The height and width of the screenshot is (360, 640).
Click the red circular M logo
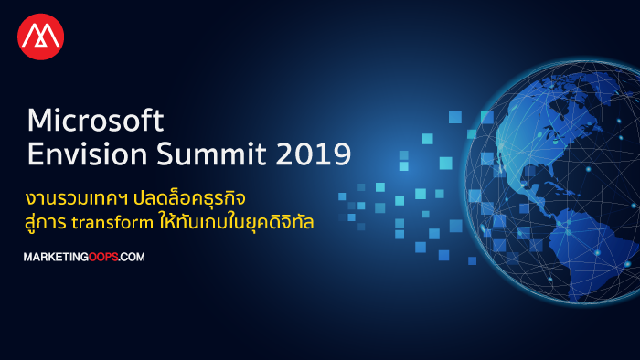(41, 37)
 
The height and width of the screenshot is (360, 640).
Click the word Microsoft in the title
(95, 121)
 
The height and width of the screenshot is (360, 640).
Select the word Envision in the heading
(87, 154)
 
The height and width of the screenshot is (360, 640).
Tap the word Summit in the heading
(212, 154)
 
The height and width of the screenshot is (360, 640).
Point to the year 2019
(314, 154)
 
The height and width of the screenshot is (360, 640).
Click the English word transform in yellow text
(112, 223)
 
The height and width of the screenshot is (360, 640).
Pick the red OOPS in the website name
(103, 257)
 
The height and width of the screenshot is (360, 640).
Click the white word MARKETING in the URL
(56, 257)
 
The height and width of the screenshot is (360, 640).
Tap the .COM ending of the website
(132, 257)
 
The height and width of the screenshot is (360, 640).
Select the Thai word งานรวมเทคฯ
(77, 199)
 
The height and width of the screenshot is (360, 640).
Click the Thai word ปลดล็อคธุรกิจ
(189, 197)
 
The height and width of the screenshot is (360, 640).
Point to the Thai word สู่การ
(46, 223)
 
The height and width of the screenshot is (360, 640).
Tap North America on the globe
(543, 139)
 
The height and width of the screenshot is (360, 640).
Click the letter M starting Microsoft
(38, 121)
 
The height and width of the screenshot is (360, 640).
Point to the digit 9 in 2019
(342, 154)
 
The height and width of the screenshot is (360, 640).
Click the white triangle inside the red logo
(40, 41)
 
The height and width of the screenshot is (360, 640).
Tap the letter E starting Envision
(34, 154)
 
